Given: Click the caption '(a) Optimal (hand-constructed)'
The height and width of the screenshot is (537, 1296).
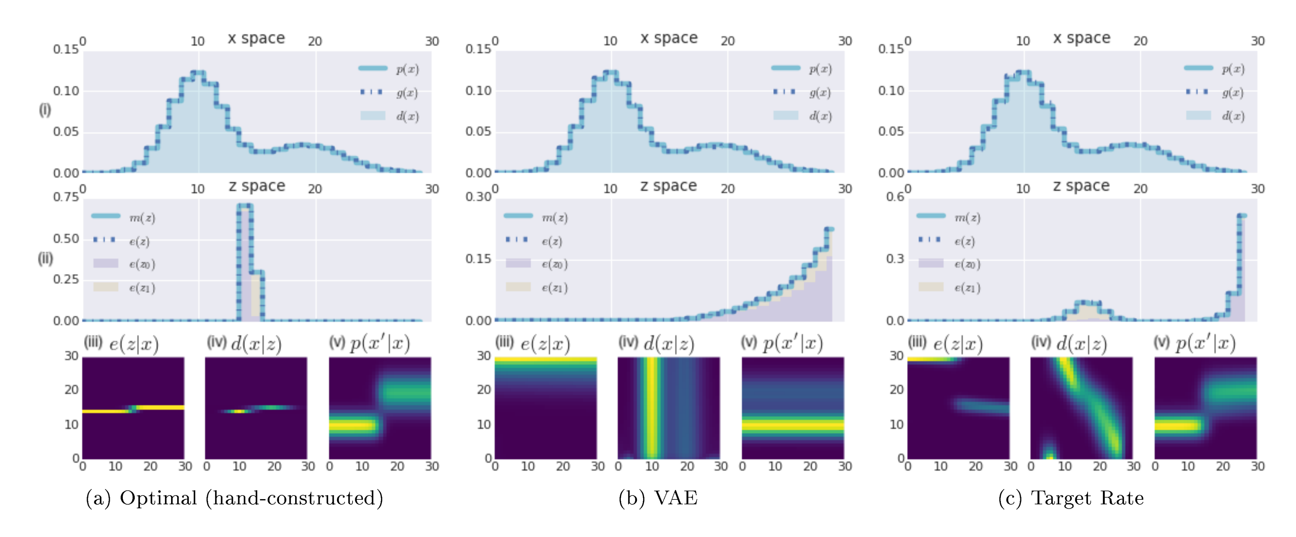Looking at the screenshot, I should click(x=235, y=498).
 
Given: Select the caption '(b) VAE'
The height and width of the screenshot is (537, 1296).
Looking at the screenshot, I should click(x=658, y=498).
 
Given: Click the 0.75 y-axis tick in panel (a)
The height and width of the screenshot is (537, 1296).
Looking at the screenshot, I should click(x=66, y=197).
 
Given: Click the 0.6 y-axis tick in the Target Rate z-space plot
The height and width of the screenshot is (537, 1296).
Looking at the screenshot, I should click(x=895, y=197).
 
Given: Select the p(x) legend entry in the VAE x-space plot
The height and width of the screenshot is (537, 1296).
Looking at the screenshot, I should click(x=820, y=69).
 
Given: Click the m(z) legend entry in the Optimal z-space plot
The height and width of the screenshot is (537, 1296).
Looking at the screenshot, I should click(x=142, y=218).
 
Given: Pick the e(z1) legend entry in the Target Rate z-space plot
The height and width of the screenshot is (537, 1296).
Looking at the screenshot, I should click(x=967, y=288).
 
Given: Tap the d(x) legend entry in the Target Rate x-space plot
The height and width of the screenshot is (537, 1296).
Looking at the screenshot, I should click(x=1232, y=116).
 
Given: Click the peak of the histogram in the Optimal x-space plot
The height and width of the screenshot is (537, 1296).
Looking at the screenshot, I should click(x=198, y=73).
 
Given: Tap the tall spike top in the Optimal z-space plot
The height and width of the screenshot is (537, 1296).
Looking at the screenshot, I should click(x=245, y=205).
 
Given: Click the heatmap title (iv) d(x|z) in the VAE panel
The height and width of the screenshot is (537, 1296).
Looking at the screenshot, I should click(x=656, y=344).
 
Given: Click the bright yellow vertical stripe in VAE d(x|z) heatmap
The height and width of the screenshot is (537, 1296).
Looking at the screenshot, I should click(x=652, y=407).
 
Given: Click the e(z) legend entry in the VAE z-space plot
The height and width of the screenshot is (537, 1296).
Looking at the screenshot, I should click(x=551, y=241).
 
